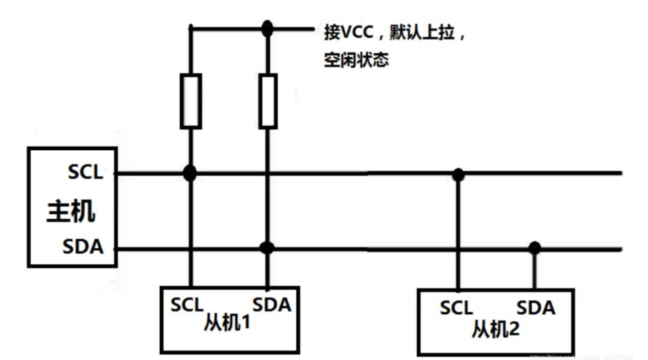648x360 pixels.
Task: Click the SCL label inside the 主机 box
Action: tap(85, 172)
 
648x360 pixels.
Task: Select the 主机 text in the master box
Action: tap(71, 211)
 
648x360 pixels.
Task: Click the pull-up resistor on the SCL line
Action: tap(191, 101)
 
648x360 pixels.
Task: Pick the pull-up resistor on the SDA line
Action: tap(268, 101)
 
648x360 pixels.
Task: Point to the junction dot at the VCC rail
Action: tap(267, 29)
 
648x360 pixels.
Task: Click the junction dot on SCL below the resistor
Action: tap(189, 173)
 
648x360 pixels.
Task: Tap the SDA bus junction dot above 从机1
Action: tap(267, 247)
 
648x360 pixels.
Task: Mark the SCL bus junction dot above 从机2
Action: tap(458, 174)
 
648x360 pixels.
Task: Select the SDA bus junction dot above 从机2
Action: tap(534, 247)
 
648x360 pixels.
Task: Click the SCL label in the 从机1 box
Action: tap(187, 304)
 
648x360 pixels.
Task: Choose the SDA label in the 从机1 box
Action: tap(271, 304)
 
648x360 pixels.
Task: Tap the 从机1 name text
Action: tap(227, 322)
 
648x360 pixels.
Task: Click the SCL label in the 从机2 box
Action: tap(456, 307)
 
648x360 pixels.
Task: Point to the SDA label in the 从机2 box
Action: tap(536, 307)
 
